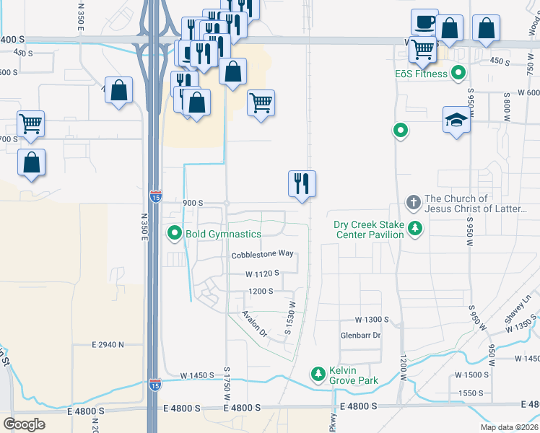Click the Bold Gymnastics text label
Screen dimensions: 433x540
[x=223, y=234]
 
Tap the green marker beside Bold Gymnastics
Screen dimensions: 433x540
[x=174, y=233]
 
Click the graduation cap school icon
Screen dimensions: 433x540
[x=456, y=120]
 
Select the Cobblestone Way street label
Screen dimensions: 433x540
[x=262, y=254]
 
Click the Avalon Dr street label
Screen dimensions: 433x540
[x=255, y=325]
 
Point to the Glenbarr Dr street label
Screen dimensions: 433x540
[x=360, y=336]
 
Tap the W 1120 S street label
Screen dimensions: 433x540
[x=262, y=274]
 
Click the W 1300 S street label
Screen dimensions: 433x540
[x=372, y=319]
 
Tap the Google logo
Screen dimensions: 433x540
[x=24, y=424]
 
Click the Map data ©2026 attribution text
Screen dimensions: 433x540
[x=509, y=427]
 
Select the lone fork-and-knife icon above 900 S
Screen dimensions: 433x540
[x=302, y=184]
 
